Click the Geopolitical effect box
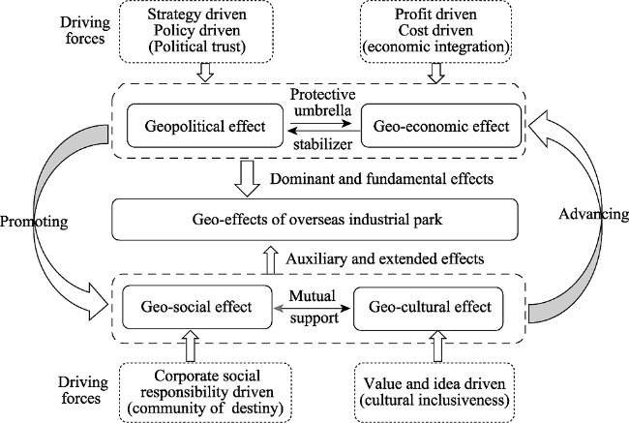click(205, 126)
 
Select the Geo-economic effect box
click(441, 126)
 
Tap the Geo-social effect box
click(197, 307)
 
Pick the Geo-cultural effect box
click(429, 308)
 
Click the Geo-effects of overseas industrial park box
click(314, 220)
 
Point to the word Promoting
click(34, 222)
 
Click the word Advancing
click(594, 214)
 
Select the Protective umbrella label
click(322, 102)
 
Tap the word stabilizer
click(322, 143)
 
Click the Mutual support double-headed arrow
click(313, 308)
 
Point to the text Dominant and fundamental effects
click(381, 179)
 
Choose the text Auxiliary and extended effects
click(385, 258)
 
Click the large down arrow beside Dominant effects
click(247, 179)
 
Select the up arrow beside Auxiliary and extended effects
click(271, 260)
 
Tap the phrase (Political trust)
click(197, 47)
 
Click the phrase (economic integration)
click(436, 47)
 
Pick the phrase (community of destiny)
click(205, 408)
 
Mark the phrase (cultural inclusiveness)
click(434, 400)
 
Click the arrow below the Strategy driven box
click(205, 73)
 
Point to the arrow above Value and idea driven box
click(437, 346)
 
